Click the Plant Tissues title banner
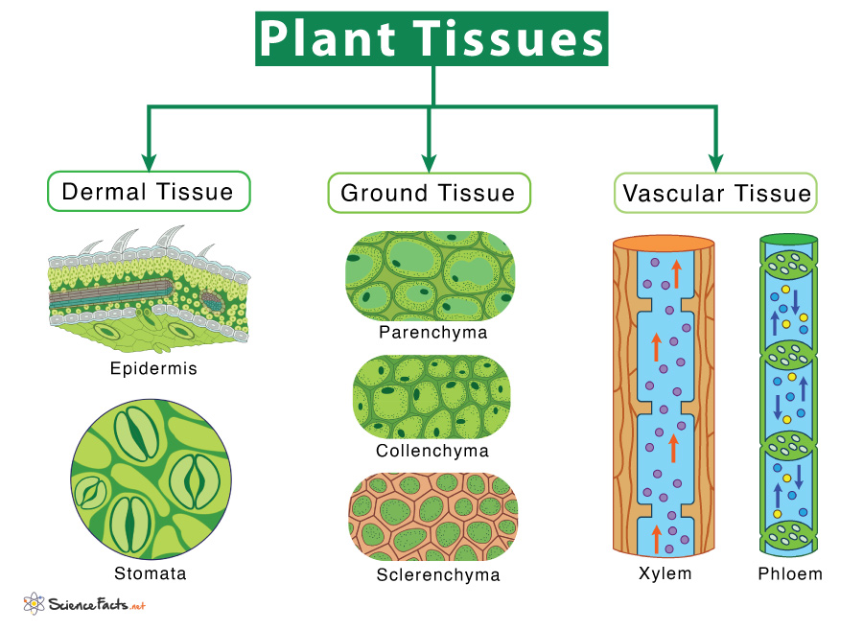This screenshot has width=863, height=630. pyautogui.click(x=431, y=38)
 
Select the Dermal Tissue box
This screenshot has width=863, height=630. pyautogui.click(x=148, y=191)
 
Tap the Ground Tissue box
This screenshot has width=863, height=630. pyautogui.click(x=428, y=193)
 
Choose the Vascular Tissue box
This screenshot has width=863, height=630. pyautogui.click(x=716, y=193)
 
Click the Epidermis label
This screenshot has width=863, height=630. pyautogui.click(x=153, y=368)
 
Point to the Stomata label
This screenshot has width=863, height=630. pyautogui.click(x=150, y=574)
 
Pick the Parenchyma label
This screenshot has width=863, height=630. pyautogui.click(x=432, y=333)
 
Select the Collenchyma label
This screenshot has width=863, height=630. pyautogui.click(x=432, y=451)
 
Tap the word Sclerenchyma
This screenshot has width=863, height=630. pyautogui.click(x=438, y=575)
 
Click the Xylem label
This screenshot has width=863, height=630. pyautogui.click(x=665, y=574)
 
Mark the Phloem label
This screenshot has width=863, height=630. pyautogui.click(x=788, y=574)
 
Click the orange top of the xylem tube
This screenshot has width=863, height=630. pyautogui.click(x=664, y=243)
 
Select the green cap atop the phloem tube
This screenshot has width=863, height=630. pyautogui.click(x=788, y=239)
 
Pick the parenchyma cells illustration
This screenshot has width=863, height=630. pyautogui.click(x=431, y=276)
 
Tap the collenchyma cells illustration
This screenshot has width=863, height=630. pyautogui.click(x=431, y=397)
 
